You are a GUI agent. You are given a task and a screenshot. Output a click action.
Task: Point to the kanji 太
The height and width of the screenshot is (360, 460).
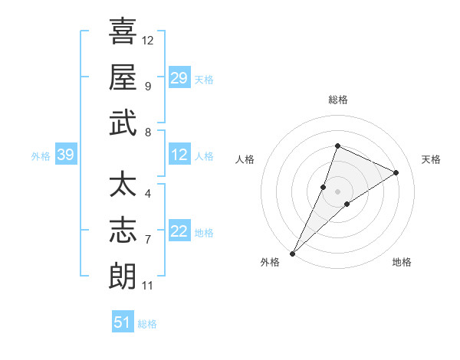(x=123, y=186)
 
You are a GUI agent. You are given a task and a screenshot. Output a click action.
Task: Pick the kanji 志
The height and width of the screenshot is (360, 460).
(x=123, y=231)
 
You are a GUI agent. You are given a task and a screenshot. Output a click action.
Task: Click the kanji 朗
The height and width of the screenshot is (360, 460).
(x=123, y=277)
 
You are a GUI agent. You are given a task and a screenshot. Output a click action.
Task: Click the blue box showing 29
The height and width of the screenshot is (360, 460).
(x=179, y=78)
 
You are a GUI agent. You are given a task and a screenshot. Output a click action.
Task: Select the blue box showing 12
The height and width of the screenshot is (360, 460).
(x=179, y=155)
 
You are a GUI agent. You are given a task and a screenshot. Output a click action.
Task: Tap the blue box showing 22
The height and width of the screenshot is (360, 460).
(x=179, y=232)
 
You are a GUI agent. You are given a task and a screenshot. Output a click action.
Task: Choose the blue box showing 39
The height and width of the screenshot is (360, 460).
(x=65, y=155)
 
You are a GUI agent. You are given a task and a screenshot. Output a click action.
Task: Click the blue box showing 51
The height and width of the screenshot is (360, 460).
(x=122, y=322)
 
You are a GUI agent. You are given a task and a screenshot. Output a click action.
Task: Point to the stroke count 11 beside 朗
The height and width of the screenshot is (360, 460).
(x=147, y=286)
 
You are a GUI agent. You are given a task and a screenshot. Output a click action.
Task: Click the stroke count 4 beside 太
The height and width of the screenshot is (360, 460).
(x=147, y=193)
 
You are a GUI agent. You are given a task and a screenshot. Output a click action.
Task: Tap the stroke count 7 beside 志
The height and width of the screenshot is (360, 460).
(x=147, y=240)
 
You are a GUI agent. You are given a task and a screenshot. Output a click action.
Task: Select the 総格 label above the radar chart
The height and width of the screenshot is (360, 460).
(x=337, y=100)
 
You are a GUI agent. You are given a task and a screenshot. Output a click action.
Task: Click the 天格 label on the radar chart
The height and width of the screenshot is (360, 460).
(x=431, y=159)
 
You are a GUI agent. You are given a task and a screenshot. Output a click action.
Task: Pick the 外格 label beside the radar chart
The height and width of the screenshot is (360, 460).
(x=270, y=262)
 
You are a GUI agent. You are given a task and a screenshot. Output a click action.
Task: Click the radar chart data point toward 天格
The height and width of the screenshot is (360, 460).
(x=396, y=172)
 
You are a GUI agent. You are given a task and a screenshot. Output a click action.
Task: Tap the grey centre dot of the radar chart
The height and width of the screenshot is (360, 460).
(x=337, y=191)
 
